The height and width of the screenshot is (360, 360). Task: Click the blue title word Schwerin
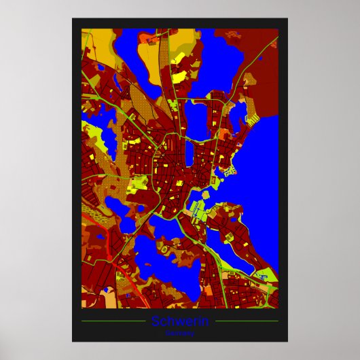pos(180,321)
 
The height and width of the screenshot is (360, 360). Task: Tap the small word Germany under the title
pos(180,333)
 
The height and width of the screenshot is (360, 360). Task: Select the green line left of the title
pos(113,321)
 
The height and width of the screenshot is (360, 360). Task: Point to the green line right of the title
pos(246,321)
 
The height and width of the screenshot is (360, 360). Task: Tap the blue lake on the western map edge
pos(88,133)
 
